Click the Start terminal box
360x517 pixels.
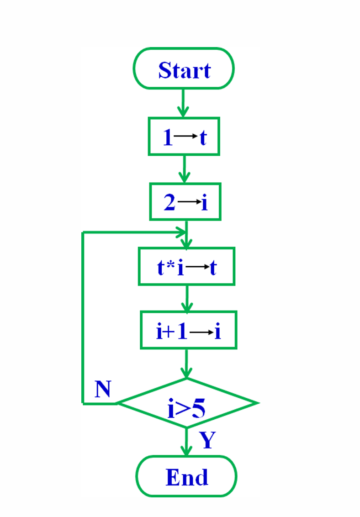(184, 69)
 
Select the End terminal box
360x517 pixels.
(186, 476)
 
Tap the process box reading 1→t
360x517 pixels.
(184, 137)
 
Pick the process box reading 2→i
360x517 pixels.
(185, 201)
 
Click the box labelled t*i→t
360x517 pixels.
(186, 267)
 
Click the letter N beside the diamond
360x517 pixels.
(103, 390)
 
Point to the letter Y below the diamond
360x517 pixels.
(207, 440)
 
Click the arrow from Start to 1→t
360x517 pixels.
(183, 103)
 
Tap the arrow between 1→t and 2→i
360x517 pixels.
(184, 169)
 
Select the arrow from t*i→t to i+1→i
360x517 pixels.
(186, 299)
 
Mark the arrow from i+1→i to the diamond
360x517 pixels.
(186, 364)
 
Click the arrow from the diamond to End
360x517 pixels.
(186, 442)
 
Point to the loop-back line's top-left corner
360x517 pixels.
(83, 233)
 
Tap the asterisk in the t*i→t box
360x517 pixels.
(169, 264)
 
